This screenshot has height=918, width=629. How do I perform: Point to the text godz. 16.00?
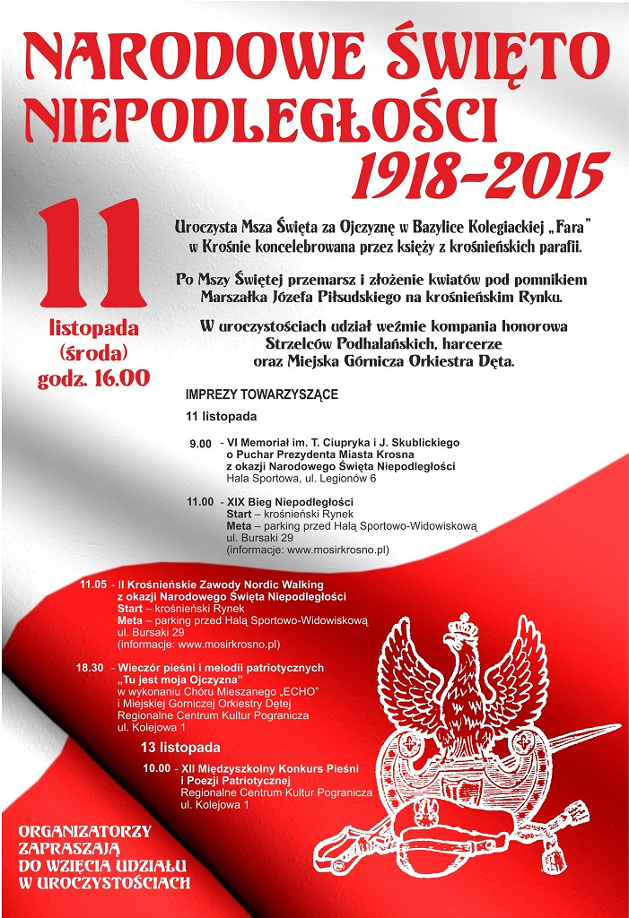(92, 377)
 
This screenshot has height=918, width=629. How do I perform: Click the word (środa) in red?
(92, 352)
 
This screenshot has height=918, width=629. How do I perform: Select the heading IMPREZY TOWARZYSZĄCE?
(261, 394)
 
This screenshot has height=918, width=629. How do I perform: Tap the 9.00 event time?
(200, 444)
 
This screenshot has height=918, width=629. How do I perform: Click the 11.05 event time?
(93, 585)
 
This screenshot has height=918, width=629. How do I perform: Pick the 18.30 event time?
(92, 668)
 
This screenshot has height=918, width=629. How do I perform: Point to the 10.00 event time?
(156, 768)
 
